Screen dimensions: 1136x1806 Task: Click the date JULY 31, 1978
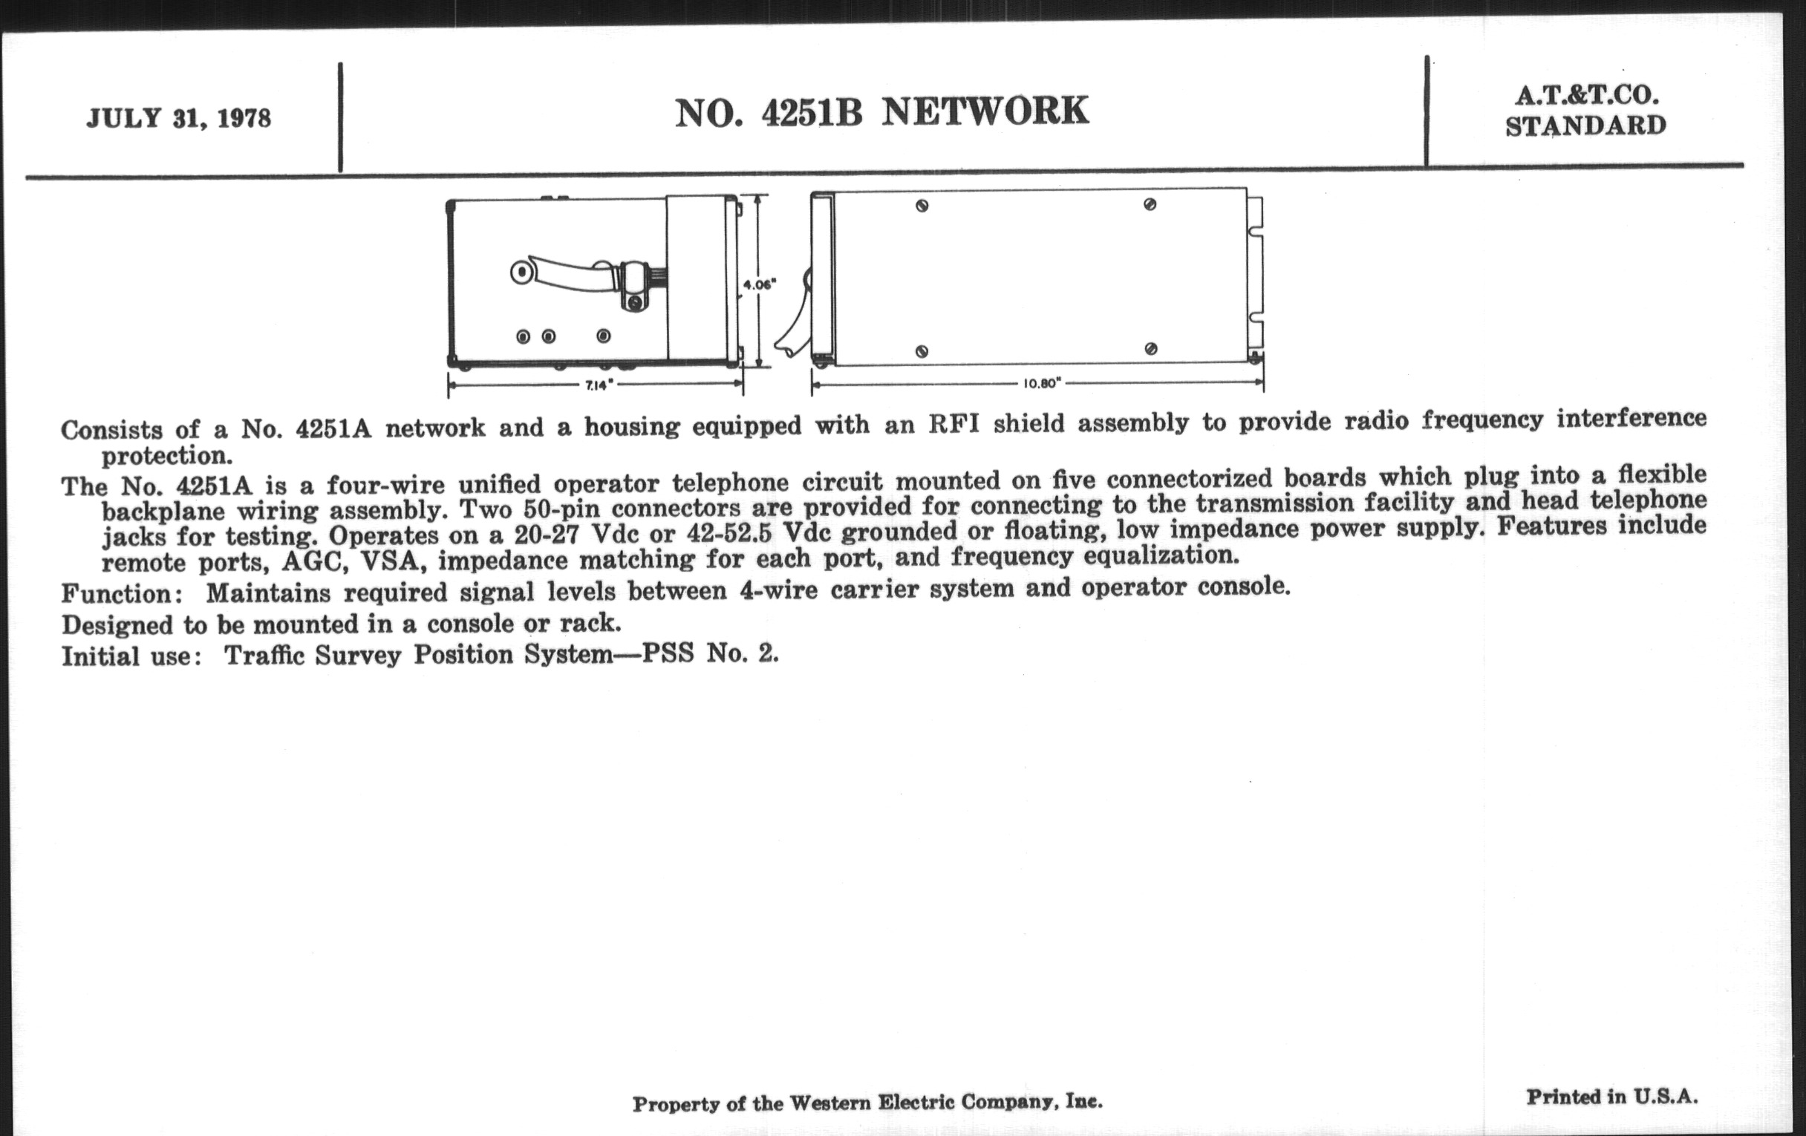[178, 120]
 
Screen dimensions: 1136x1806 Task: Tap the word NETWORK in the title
[985, 111]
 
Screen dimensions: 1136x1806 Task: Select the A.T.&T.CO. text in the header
[1585, 96]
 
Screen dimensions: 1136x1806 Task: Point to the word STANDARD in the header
[1585, 126]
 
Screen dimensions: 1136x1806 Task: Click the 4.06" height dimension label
[759, 284]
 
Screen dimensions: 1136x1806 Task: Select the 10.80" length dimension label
[1043, 383]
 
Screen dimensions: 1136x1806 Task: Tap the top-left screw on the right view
[922, 206]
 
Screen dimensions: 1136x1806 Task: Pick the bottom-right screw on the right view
[1151, 349]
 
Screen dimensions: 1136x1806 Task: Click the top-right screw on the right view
[1150, 204]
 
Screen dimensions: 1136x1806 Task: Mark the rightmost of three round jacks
[604, 336]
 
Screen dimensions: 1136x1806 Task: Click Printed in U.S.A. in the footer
[1611, 1096]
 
